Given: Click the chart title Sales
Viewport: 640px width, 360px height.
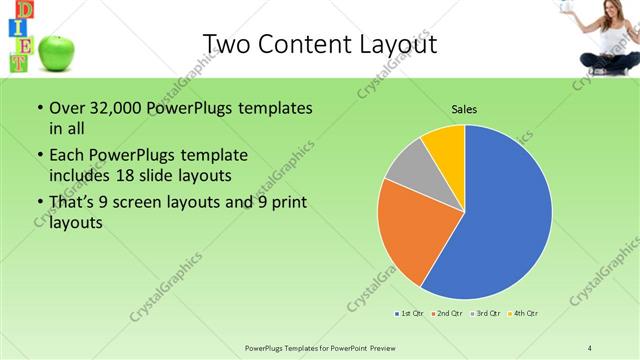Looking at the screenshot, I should click(464, 107).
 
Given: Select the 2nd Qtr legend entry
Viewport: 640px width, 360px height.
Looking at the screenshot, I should click(446, 314).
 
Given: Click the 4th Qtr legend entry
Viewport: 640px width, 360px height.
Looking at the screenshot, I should click(524, 314).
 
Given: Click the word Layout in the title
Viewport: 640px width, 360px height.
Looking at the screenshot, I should click(393, 44).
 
